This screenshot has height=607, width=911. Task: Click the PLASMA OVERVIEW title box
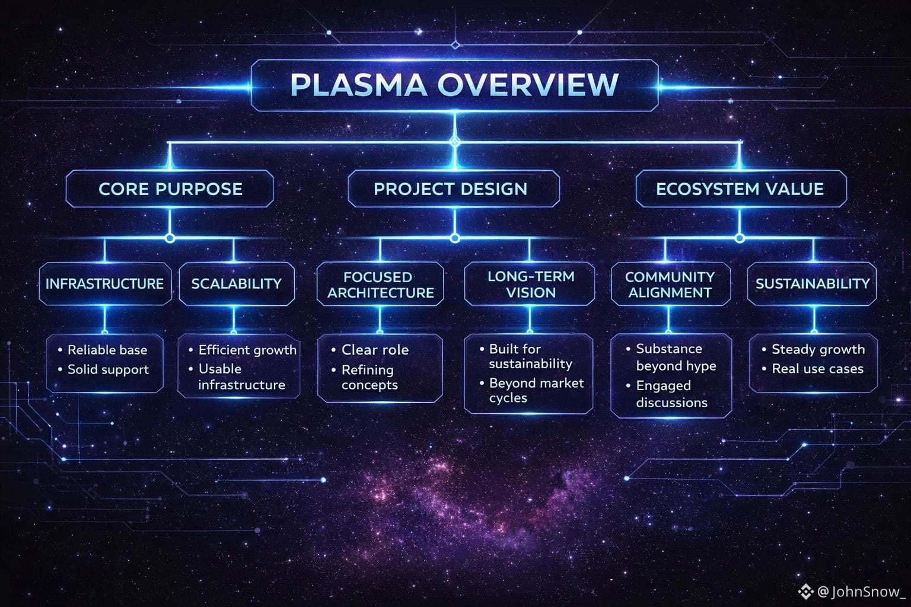[x=454, y=85]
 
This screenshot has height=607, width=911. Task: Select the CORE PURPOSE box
[x=170, y=189]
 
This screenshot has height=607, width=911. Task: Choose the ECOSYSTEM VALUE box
[x=740, y=189]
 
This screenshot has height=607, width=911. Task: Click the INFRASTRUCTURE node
[x=105, y=284]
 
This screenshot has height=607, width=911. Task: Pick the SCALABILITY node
[x=236, y=284]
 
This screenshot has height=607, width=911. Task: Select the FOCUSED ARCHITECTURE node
[x=380, y=285]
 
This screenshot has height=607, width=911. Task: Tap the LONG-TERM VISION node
[x=530, y=285]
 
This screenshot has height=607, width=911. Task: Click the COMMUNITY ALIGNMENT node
[x=670, y=285]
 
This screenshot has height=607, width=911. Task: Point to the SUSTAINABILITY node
[x=812, y=284]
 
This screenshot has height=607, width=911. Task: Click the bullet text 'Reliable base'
[x=107, y=350]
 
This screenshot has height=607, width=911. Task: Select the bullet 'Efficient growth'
[x=247, y=350]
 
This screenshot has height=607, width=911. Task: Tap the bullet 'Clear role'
[x=375, y=350]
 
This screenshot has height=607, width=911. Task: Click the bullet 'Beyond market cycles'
[x=536, y=391]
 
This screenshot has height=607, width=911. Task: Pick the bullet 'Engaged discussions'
[x=671, y=394]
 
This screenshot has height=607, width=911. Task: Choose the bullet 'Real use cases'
[x=817, y=369]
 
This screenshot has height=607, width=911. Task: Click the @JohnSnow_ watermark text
[x=861, y=592]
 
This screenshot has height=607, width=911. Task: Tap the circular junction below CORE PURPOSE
[x=170, y=238]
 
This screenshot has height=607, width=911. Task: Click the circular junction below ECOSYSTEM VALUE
[x=740, y=238]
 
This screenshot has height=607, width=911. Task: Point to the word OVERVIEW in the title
[x=528, y=85]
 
